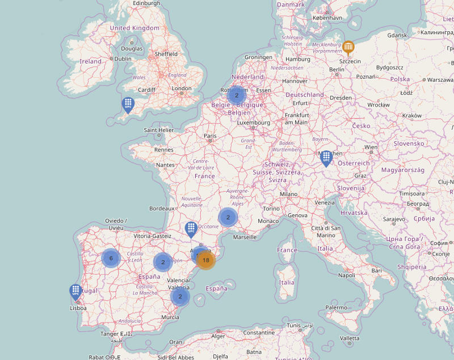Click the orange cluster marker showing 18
pyautogui.click(x=205, y=260)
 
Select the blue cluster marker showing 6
pyautogui.click(x=111, y=258)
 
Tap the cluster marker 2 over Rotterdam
pyautogui.click(x=236, y=95)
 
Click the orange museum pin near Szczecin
pyautogui.click(x=348, y=48)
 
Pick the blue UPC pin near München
pyautogui.click(x=326, y=158)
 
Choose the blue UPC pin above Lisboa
pyautogui.click(x=75, y=291)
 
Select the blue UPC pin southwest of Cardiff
pyautogui.click(x=128, y=104)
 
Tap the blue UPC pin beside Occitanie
pyautogui.click(x=191, y=229)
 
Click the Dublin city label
pyautogui.click(x=123, y=58)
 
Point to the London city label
pyautogui.click(x=182, y=88)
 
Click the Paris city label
pyautogui.click(x=211, y=136)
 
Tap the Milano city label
pyautogui.click(x=288, y=194)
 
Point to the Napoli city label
pyautogui.click(x=346, y=276)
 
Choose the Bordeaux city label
pyautogui.click(x=162, y=209)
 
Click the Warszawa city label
pyautogui.click(x=440, y=80)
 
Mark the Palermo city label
pyautogui.click(x=336, y=307)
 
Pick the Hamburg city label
pyautogui.click(x=298, y=59)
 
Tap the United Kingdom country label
pyautogui.click(x=134, y=28)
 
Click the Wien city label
pyautogui.click(x=371, y=147)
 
